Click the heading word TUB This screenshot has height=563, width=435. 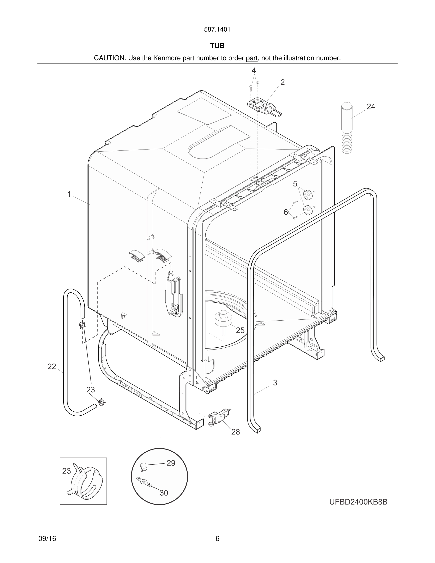(x=217, y=46)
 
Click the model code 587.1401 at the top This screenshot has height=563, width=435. (x=217, y=30)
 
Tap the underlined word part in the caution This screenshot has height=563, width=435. (x=252, y=58)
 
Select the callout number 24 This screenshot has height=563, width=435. (x=371, y=107)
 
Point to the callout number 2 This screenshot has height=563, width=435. (x=282, y=82)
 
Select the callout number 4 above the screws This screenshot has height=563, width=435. (x=254, y=71)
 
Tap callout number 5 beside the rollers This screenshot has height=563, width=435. (x=295, y=184)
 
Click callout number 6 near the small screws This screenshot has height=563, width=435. (x=286, y=212)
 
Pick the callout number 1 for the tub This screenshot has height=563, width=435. (x=69, y=194)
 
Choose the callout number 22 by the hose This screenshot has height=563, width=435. (x=52, y=367)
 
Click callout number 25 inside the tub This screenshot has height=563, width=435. (x=240, y=330)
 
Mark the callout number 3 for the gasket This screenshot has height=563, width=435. (x=275, y=382)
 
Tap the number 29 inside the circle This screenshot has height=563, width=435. (x=171, y=463)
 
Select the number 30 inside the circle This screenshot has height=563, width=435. (x=164, y=493)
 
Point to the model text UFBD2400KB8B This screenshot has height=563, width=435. (x=358, y=502)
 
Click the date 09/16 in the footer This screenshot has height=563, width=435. (x=47, y=539)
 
